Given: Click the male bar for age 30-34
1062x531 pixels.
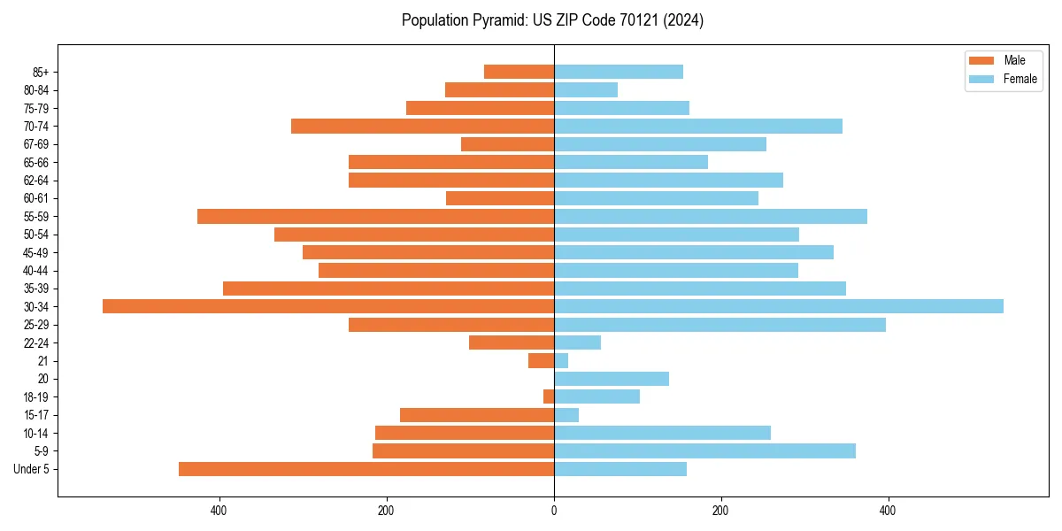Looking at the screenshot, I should [327, 306].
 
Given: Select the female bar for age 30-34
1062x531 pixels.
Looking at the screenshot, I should [779, 306].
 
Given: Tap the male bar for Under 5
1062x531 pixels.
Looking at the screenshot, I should [366, 469].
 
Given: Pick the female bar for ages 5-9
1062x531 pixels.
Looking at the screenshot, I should [704, 451].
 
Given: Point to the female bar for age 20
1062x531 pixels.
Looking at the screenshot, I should [612, 379].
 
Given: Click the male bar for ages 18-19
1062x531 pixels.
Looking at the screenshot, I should [549, 396].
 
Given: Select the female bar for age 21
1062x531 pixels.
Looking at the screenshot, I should [561, 360].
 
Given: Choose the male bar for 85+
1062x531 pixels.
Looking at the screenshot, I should [519, 72].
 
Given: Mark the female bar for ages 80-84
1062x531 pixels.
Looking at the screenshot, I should [586, 89].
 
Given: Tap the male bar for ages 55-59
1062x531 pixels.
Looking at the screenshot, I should [375, 216].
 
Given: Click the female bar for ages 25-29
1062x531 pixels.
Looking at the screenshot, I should [720, 325].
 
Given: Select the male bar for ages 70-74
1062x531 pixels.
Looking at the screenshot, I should [422, 126].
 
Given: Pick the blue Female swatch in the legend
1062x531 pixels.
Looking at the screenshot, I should [982, 79].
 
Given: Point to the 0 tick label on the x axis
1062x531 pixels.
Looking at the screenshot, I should [554, 511].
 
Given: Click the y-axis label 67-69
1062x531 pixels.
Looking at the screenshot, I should [36, 144].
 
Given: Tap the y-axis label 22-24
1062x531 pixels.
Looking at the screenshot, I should [36, 342].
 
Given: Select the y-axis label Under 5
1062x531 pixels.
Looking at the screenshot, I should [32, 469].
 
